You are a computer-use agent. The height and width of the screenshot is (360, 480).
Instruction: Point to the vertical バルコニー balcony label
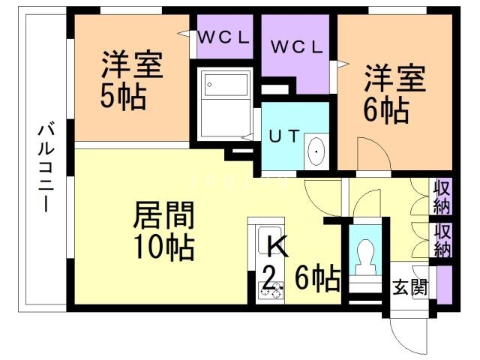coord(45,169)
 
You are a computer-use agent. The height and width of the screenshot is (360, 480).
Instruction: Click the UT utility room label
coord(284,136)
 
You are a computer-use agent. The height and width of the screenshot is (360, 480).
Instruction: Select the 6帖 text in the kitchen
coord(310,280)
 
